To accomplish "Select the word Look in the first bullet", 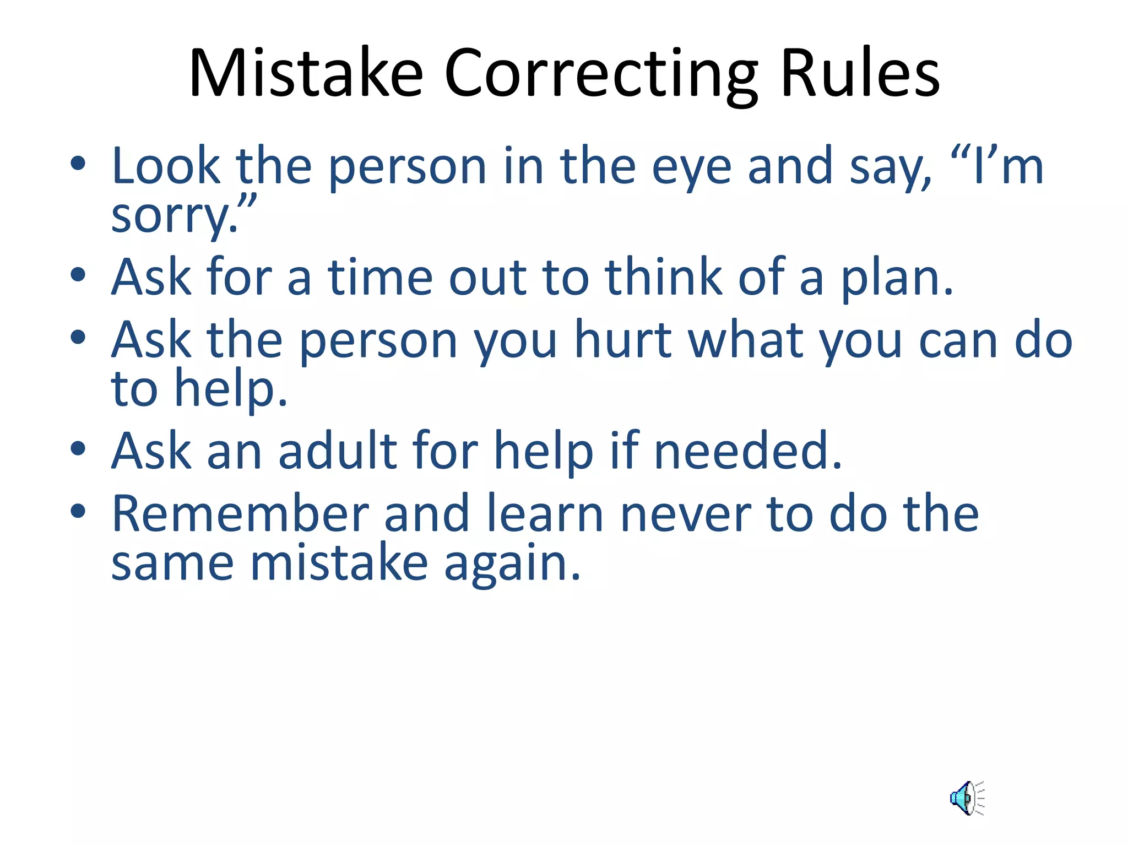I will click(x=165, y=166).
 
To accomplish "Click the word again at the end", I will click(x=512, y=564).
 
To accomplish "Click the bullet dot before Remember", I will click(x=78, y=511).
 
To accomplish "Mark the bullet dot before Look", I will click(x=78, y=163).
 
